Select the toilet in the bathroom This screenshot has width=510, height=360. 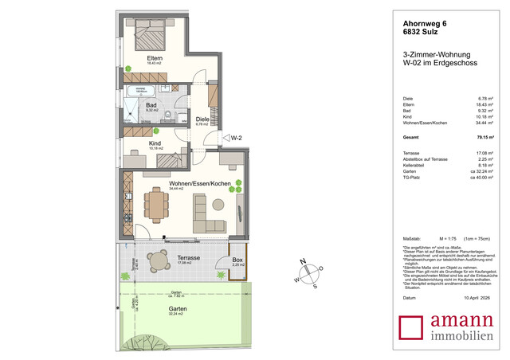(170, 115)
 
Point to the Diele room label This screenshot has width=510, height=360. (202, 119)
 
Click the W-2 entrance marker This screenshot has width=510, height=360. (236, 137)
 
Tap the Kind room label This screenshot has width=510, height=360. (155, 144)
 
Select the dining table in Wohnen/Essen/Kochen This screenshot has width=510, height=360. (157, 203)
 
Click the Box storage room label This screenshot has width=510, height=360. (237, 260)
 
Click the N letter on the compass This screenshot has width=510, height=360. (302, 261)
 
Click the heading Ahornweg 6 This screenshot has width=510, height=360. (420, 25)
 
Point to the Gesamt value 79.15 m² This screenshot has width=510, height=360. (483, 137)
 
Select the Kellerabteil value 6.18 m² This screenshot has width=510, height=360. (484, 165)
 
